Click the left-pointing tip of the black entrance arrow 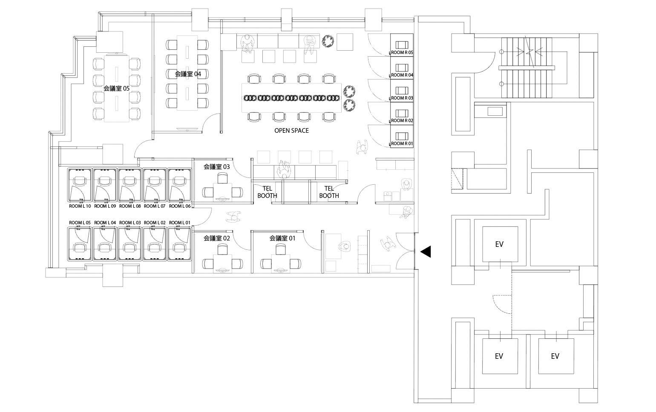(420, 252)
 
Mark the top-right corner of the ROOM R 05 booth (413, 34)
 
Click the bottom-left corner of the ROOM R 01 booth (390, 148)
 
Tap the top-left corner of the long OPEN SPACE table (242, 84)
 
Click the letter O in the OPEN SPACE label (276, 131)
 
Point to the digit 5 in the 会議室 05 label (127, 89)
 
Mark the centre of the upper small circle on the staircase (501, 52)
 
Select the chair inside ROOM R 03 (402, 90)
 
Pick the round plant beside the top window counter (328, 41)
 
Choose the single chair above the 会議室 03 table (222, 178)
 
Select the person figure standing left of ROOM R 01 (362, 147)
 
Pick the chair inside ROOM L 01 (179, 248)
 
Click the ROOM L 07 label (155, 206)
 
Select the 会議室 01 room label (282, 238)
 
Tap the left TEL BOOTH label (267, 192)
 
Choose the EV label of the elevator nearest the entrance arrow (499, 244)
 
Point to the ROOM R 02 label (402, 120)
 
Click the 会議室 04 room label (188, 74)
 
